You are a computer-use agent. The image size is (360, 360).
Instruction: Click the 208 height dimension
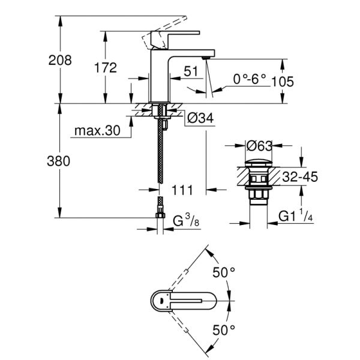click(x=61, y=60)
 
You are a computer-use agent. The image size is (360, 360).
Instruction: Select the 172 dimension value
click(x=106, y=68)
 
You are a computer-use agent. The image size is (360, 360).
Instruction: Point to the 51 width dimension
click(x=191, y=71)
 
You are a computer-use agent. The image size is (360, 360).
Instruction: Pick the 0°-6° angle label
click(x=250, y=79)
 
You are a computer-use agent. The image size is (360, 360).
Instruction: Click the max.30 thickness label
click(x=97, y=130)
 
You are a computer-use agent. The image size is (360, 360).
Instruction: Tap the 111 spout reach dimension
click(x=181, y=190)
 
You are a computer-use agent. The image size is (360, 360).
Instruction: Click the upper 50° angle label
click(x=223, y=272)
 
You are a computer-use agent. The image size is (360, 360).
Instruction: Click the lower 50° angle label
click(x=223, y=329)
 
